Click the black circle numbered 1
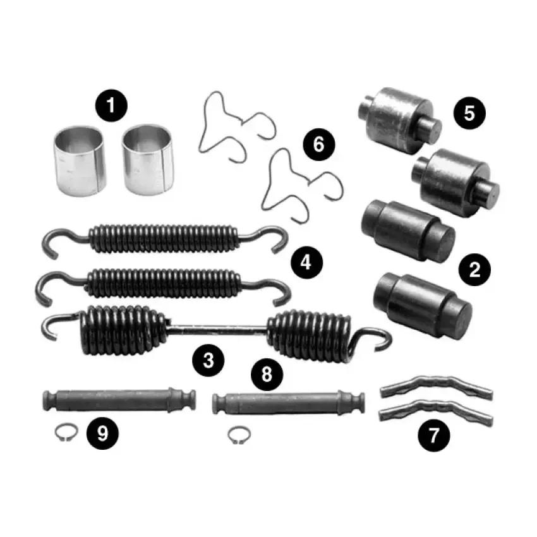pyautogui.click(x=111, y=106)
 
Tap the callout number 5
pyautogui.click(x=469, y=112)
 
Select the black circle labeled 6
pyautogui.click(x=319, y=144)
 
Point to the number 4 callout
pyautogui.click(x=306, y=263)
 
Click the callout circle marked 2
pyautogui.click(x=474, y=270)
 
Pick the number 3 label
pyautogui.click(x=208, y=360)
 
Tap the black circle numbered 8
pyautogui.click(x=267, y=375)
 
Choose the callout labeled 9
pyautogui.click(x=102, y=433)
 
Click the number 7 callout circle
pyautogui.click(x=434, y=436)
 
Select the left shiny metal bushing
pyautogui.click(x=80, y=161)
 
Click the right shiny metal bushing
pyautogui.click(x=148, y=160)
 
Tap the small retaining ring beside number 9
pyautogui.click(x=66, y=432)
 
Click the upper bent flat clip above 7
pyautogui.click(x=437, y=387)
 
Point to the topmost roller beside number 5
pyautogui.click(x=400, y=120)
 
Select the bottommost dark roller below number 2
pyautogui.click(x=423, y=305)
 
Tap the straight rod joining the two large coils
pyautogui.click(x=217, y=329)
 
